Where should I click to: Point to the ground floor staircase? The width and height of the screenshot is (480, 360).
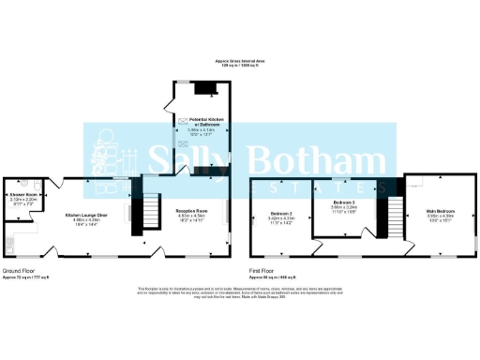pyautogui.click(x=146, y=217)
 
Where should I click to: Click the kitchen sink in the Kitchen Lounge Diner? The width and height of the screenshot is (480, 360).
pyautogui.click(x=7, y=246)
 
